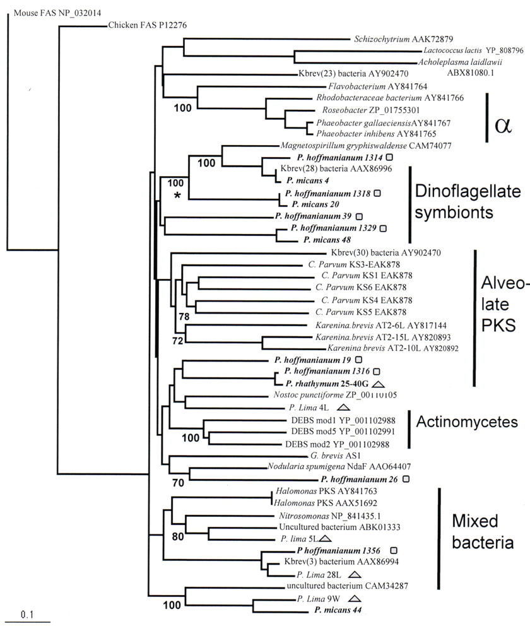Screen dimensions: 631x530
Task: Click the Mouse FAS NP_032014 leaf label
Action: click(49, 11)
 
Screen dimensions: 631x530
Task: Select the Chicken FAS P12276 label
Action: click(146, 25)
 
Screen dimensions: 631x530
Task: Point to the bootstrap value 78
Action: click(184, 317)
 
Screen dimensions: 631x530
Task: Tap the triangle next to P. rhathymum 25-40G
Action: click(378, 384)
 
